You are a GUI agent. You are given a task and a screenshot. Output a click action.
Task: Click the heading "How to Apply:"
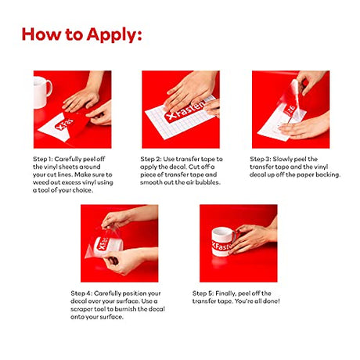pyautogui.click(x=81, y=34)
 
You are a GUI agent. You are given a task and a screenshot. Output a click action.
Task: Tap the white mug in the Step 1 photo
pyautogui.click(x=41, y=92)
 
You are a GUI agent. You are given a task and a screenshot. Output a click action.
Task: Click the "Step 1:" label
pyautogui.click(x=43, y=159)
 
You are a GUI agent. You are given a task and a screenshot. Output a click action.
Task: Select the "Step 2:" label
pyautogui.click(x=151, y=159)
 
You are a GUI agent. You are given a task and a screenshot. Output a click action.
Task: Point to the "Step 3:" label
pyautogui.click(x=261, y=159)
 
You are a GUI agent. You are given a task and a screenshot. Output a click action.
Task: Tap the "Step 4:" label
pyautogui.click(x=81, y=293)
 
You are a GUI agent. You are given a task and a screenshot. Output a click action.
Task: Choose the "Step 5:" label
pyautogui.click(x=203, y=293)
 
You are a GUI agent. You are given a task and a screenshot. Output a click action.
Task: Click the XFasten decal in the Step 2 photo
pyautogui.click(x=185, y=112)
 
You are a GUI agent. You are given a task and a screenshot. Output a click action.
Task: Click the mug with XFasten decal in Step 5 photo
pyautogui.click(x=224, y=242)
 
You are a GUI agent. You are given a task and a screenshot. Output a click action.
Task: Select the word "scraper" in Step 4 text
pyautogui.click(x=80, y=309)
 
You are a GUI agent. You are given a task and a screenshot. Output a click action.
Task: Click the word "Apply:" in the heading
pyautogui.click(x=114, y=35)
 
